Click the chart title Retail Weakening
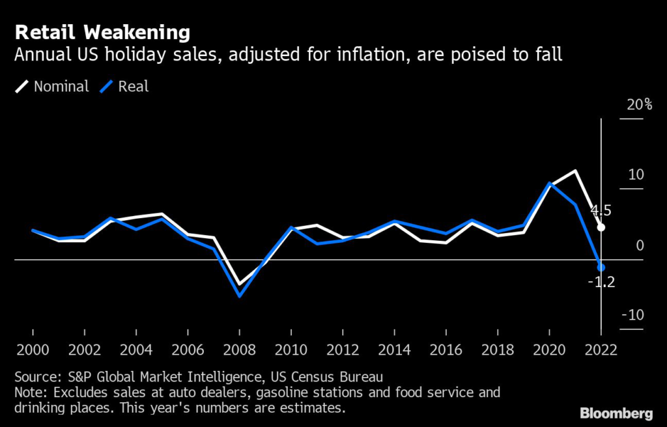(102, 32)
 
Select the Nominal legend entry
(61, 87)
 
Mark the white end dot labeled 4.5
(601, 227)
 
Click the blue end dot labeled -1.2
(601, 268)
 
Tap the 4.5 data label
(601, 211)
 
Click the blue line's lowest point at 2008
(240, 296)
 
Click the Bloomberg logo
(616, 413)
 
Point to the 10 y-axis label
(636, 175)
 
